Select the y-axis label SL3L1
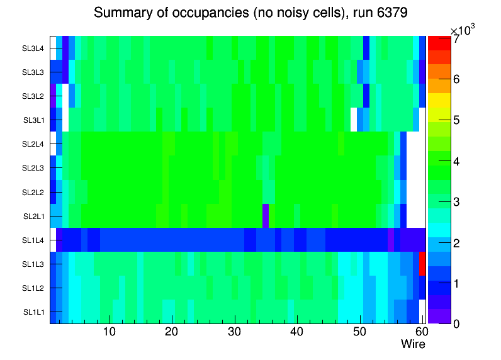coord(33,120)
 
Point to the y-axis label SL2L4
coord(33,144)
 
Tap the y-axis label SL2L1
coord(33,217)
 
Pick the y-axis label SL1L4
coord(33,240)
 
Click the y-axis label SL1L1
coord(33,312)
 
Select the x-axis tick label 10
coord(109,332)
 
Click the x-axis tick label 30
coord(234,332)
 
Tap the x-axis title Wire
coord(413,344)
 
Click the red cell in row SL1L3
coord(422,264)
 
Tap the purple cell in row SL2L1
coord(266,216)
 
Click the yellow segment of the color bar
coord(439,99)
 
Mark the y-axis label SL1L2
coord(33,288)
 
